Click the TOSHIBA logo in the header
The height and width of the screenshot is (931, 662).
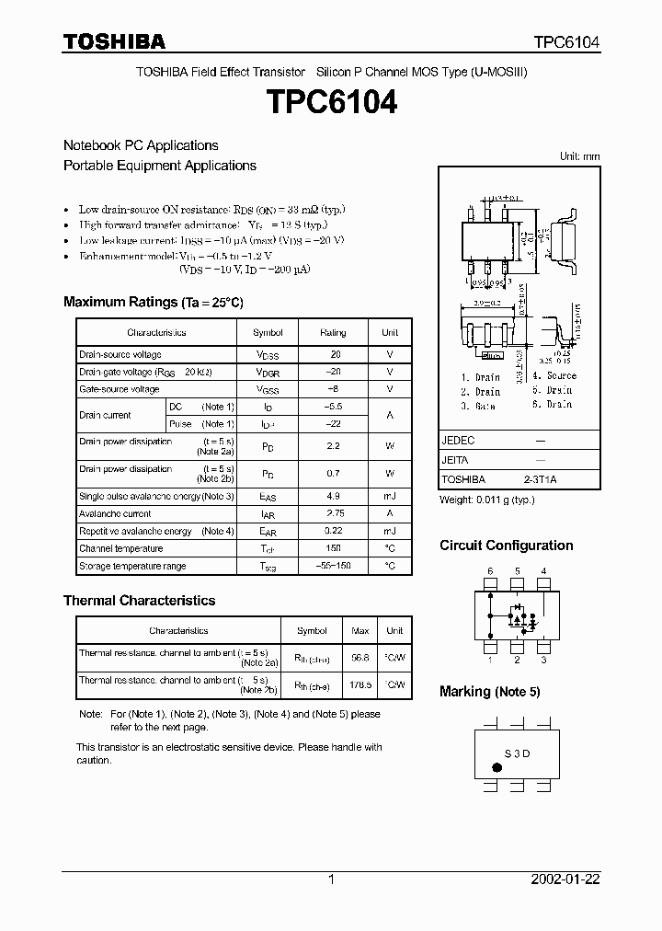[x=114, y=41]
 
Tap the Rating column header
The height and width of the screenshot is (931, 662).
[x=333, y=332]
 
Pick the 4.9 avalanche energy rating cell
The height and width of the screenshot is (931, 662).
[x=333, y=497]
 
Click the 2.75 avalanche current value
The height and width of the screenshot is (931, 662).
[x=333, y=514]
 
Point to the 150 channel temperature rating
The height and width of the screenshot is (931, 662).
[x=333, y=549]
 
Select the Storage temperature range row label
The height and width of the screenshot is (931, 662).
[x=132, y=567]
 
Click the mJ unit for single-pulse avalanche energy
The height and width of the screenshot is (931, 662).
[x=390, y=497]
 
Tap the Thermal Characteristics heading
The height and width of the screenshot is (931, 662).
[x=139, y=600]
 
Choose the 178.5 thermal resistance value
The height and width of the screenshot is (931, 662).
[x=360, y=684]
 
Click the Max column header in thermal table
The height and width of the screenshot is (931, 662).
[x=360, y=631]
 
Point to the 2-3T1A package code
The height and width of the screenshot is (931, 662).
[x=540, y=479]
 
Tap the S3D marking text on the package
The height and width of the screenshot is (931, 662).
[x=518, y=753]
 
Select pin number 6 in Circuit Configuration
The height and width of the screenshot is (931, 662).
[x=490, y=571]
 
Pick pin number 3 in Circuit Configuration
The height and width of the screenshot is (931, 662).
[x=543, y=660]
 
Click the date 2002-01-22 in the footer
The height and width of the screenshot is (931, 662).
[x=565, y=879]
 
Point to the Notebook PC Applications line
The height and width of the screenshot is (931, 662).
[x=141, y=145]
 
